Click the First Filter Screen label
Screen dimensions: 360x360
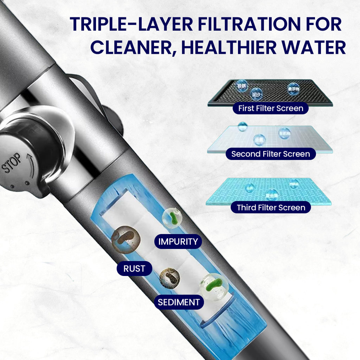point(270,108)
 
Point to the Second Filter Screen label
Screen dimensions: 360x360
point(270,154)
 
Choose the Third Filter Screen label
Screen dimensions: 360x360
point(271,207)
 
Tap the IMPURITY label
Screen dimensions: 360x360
point(178,242)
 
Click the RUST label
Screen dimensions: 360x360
point(134,269)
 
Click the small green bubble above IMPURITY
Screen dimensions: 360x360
point(172,218)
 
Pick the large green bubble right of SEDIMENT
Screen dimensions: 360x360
point(214,287)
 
